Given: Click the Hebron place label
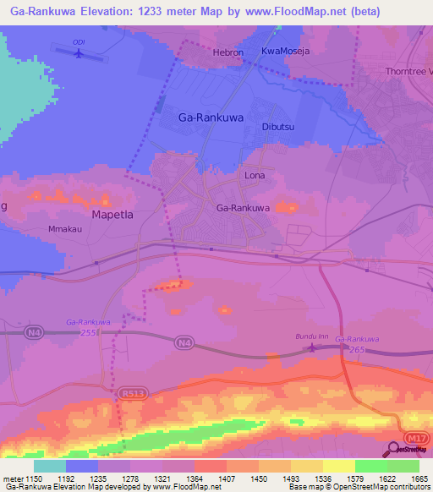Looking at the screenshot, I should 227,52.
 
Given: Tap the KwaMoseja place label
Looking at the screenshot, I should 285,52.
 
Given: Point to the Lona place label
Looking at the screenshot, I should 255,176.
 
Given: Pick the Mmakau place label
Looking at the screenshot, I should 63,230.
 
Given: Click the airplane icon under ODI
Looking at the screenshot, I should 79,54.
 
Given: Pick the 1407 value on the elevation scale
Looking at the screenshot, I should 228,478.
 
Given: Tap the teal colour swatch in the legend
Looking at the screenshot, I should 50,466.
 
